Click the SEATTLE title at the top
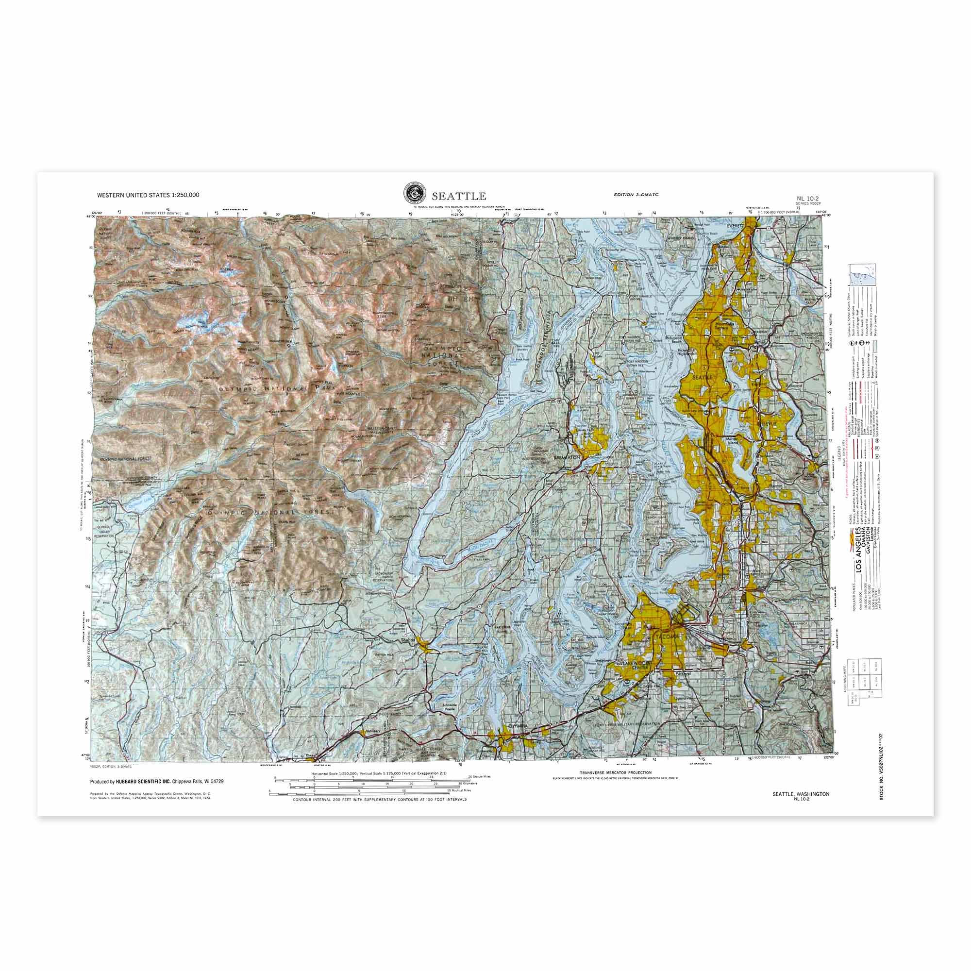click(458, 196)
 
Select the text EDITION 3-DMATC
click(636, 195)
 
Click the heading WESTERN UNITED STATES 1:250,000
click(148, 195)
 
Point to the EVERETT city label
click(735, 226)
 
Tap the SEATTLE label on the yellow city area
click(703, 377)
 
